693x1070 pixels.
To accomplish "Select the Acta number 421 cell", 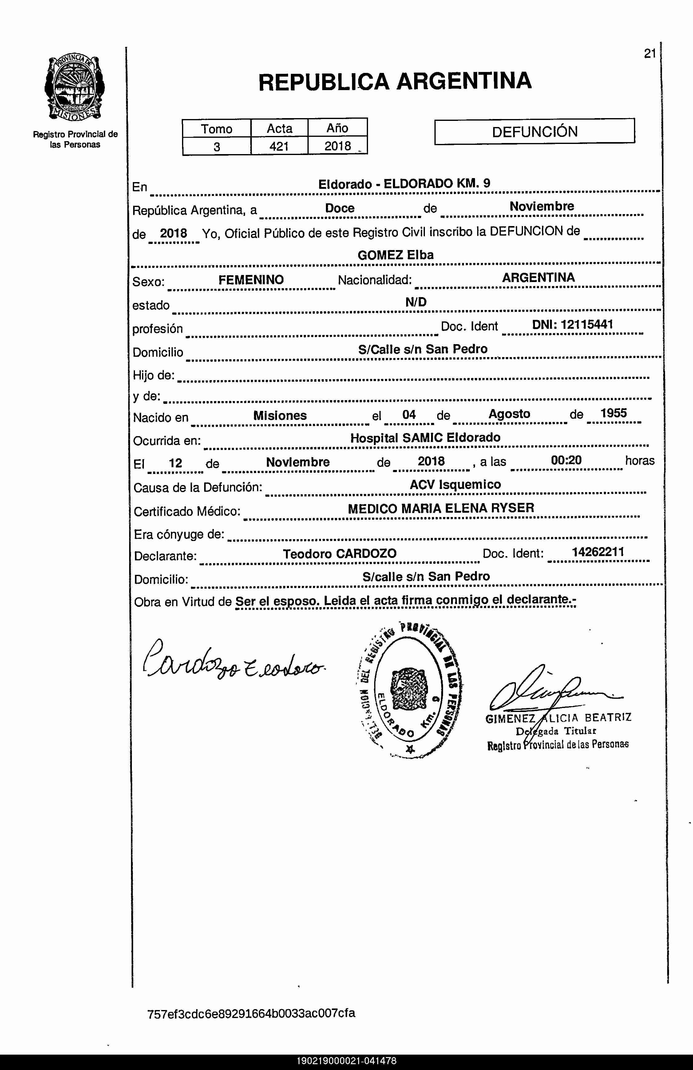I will point(279,146).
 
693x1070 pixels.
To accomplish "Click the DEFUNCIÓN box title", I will point(534,132).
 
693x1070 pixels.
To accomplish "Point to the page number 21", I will point(650,54).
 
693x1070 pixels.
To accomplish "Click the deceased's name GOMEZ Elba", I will point(395,255).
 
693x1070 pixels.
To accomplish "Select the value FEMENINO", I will point(251,280).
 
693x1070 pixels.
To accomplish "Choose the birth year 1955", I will point(613,413).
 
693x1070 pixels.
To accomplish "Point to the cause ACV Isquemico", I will point(455,484).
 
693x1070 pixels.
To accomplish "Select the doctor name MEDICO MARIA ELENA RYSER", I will point(441,508).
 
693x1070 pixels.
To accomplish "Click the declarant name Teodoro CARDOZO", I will point(339,553).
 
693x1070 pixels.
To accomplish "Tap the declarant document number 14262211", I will point(598,552).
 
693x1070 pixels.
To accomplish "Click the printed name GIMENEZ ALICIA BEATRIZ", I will point(558,718).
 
